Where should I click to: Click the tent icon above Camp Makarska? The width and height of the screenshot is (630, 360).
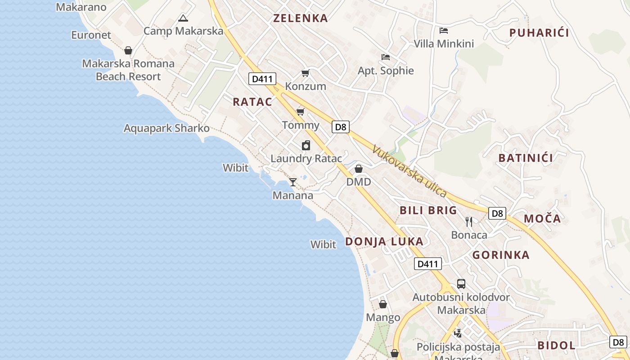[x=183, y=18]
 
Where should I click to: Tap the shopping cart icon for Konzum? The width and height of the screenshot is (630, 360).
[x=306, y=73]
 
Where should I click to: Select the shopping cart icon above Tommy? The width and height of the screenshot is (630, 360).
[x=300, y=112]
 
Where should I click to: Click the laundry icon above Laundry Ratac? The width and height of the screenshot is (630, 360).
[x=306, y=145]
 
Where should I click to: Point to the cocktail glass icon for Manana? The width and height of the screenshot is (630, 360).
[x=293, y=182]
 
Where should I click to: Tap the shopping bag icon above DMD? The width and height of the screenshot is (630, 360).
[x=359, y=169]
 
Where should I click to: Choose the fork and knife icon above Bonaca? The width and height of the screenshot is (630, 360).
[x=469, y=221]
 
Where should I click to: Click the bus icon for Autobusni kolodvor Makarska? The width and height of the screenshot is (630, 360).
[x=461, y=283]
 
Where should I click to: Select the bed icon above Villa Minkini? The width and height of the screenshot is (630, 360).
[x=444, y=31]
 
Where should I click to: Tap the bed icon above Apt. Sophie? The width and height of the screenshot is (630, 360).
[x=386, y=57]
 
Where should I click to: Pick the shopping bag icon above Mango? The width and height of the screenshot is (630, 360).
[x=383, y=304]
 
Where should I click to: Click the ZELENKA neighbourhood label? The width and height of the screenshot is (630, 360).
[x=301, y=18]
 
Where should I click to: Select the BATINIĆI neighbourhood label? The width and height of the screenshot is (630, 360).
[x=526, y=158]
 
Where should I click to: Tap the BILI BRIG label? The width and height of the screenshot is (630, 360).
[x=428, y=210]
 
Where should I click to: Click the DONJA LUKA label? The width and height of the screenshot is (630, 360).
[x=384, y=241]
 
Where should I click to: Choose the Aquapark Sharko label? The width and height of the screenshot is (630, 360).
[x=166, y=128]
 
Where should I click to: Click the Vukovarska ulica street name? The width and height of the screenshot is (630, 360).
[x=409, y=171]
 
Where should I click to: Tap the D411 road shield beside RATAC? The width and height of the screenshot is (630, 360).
[x=262, y=79]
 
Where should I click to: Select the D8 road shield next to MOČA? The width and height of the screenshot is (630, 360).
[x=497, y=213]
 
